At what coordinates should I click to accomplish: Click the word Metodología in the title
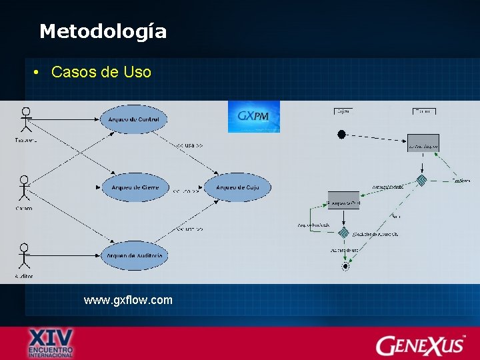click(x=103, y=31)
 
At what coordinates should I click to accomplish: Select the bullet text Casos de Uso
click(x=101, y=72)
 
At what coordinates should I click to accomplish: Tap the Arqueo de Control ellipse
click(x=133, y=119)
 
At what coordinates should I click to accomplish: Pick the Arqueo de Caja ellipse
click(x=237, y=187)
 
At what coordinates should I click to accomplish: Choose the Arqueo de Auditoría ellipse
click(x=134, y=255)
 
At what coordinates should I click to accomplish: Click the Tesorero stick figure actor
click(x=26, y=120)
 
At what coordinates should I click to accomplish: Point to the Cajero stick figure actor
click(x=25, y=189)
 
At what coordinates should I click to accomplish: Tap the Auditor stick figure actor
click(x=25, y=257)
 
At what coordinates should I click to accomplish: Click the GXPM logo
click(x=254, y=117)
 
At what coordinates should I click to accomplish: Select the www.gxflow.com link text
click(x=128, y=300)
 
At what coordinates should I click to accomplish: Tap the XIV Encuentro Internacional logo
click(x=50, y=343)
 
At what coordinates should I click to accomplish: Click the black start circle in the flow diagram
click(x=341, y=135)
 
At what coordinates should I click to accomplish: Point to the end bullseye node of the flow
click(x=345, y=266)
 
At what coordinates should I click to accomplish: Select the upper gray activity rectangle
click(x=423, y=143)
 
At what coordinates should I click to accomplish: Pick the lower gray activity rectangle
click(x=343, y=200)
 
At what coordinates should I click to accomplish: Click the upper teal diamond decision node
click(x=421, y=180)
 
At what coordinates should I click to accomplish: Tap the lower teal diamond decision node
click(x=343, y=233)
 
